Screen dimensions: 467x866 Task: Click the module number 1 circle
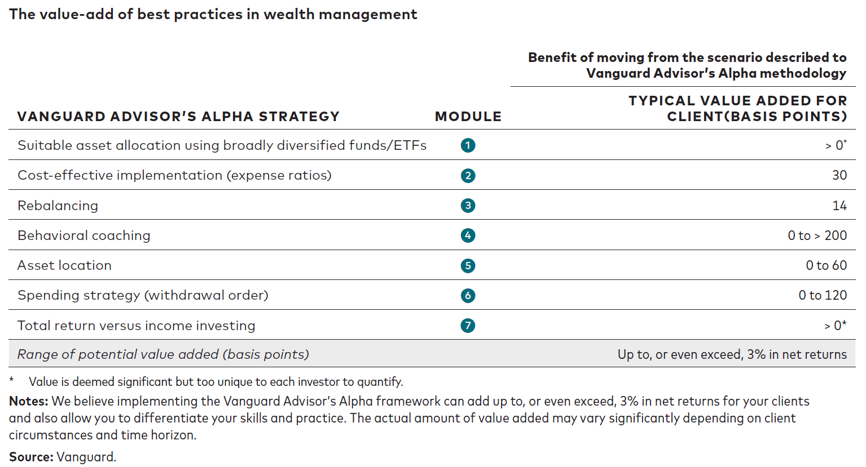[468, 145]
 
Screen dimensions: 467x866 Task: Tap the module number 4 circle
[468, 235]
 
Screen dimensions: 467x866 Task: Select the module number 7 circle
[468, 326]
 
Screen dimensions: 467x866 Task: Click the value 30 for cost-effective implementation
[839, 175]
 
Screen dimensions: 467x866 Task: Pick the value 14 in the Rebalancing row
[839, 206]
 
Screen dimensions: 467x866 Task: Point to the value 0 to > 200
[817, 235]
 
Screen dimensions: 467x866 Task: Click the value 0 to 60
[826, 265]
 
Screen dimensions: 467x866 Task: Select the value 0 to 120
[823, 295]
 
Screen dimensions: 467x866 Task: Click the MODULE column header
[468, 117]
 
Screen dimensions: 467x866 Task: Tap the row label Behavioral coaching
[84, 235]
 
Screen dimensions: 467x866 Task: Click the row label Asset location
[64, 265]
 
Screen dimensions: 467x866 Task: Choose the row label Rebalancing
[58, 206]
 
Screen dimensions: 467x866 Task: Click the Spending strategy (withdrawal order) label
[143, 295]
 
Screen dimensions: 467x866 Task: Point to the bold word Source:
[31, 457]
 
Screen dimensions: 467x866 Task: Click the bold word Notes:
[29, 401]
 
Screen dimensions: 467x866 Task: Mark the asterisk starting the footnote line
[12, 380]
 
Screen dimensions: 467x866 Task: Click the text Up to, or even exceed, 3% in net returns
[732, 354]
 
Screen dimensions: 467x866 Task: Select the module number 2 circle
[468, 176]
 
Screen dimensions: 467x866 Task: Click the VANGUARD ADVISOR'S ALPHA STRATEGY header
[178, 117]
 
